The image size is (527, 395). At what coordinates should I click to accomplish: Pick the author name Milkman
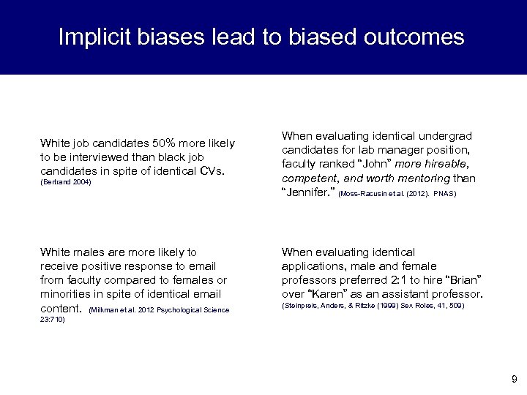click(x=102, y=310)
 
